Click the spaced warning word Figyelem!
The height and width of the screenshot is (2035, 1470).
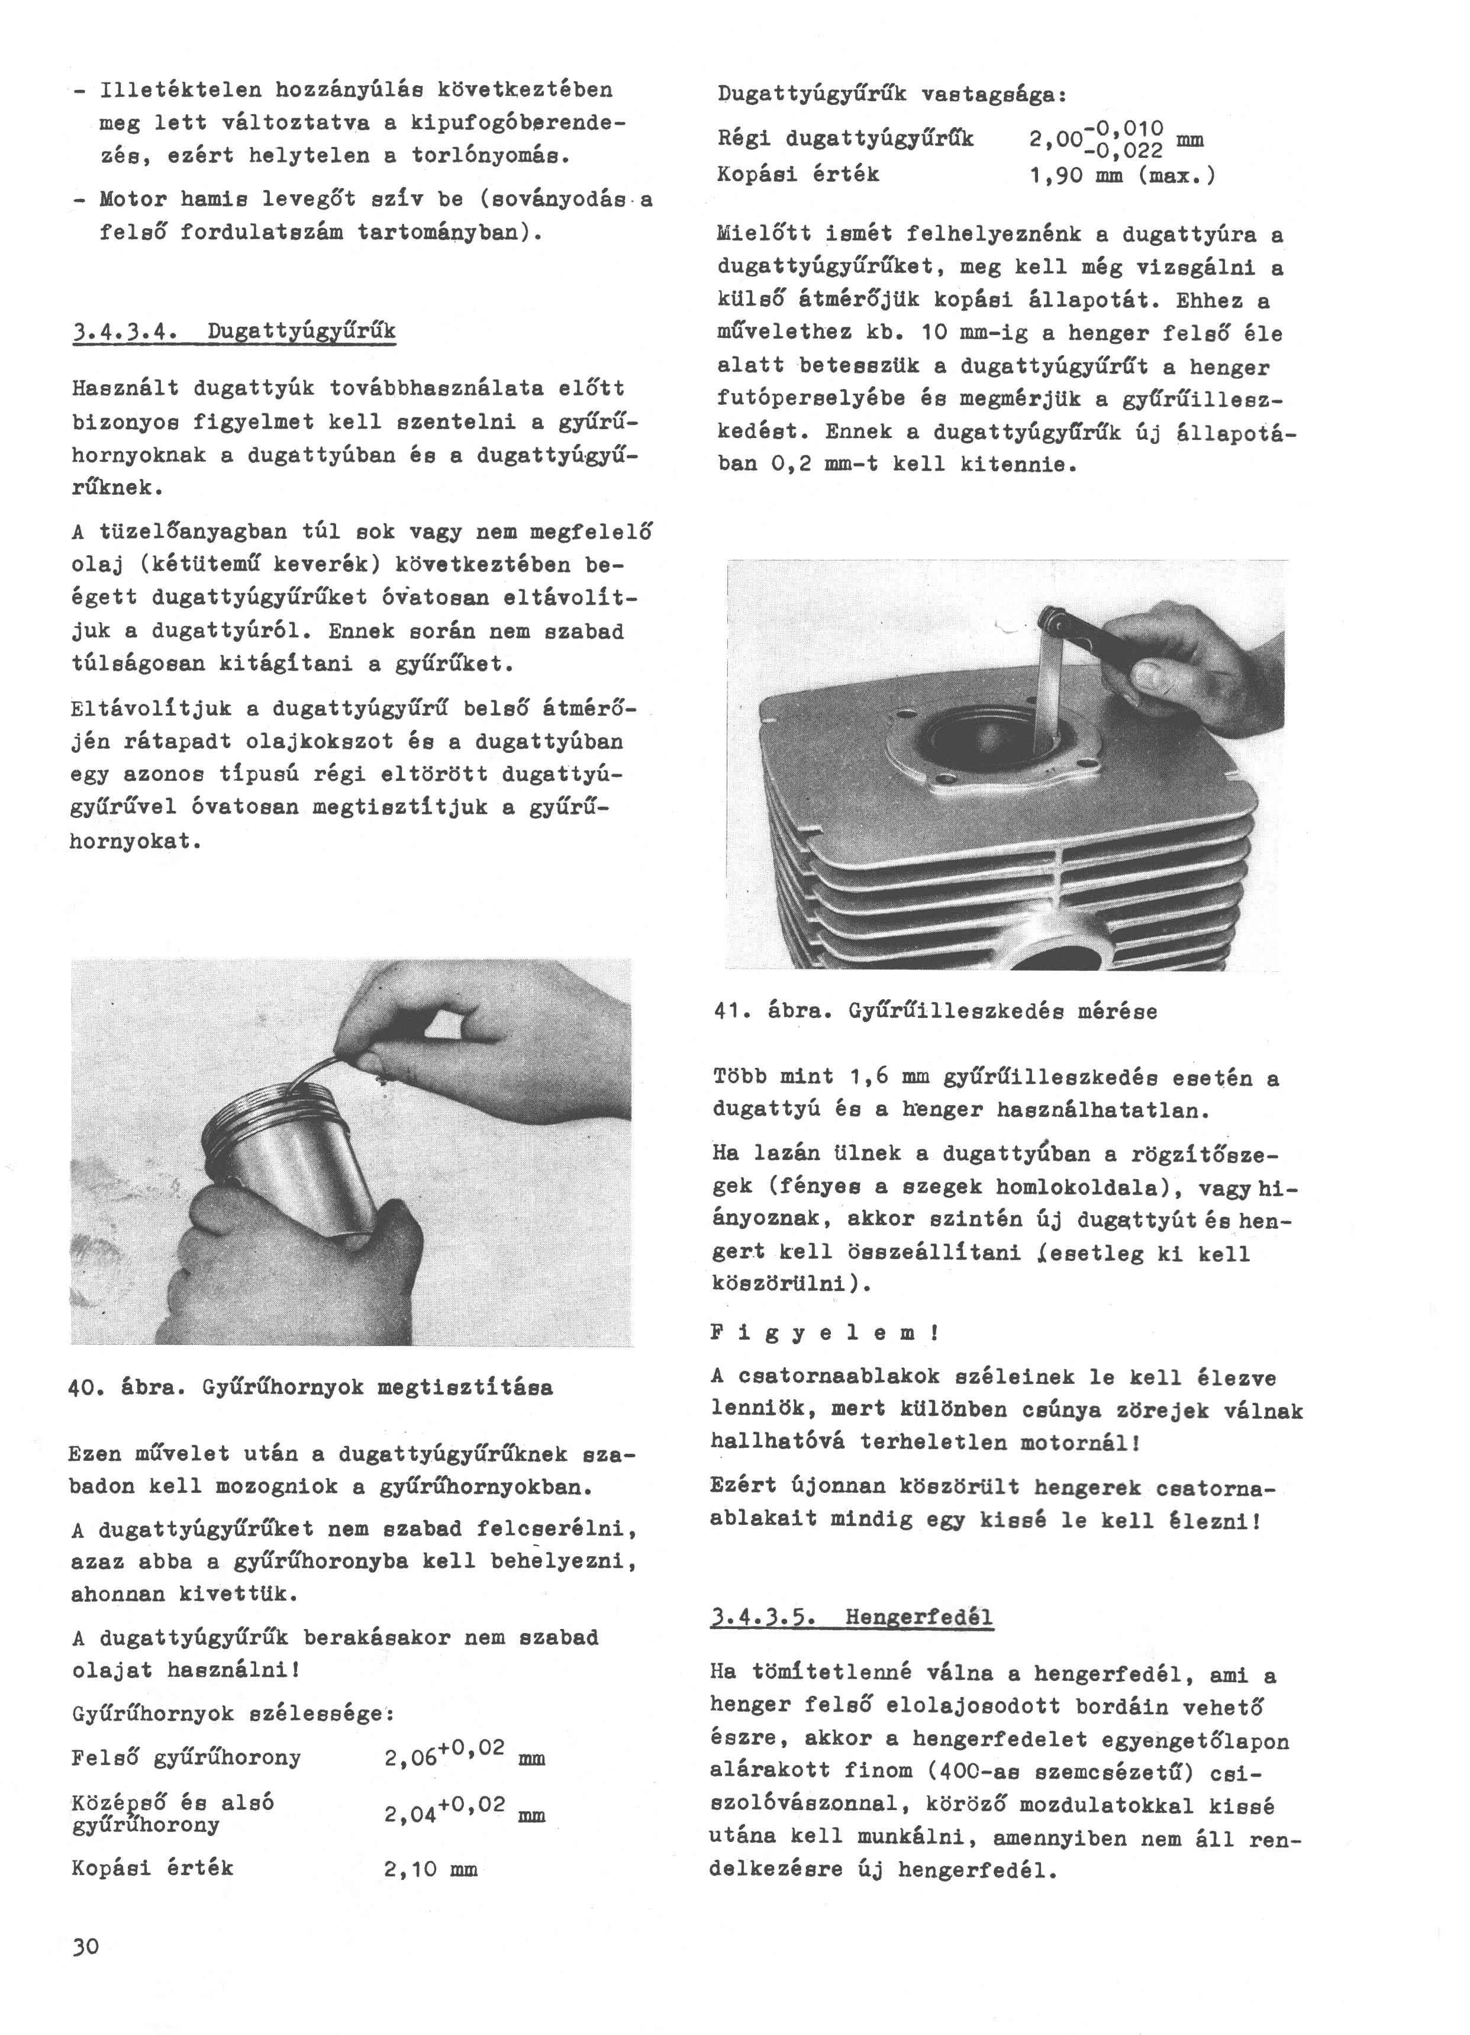point(824,1334)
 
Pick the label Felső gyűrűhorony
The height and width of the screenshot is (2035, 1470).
point(186,1758)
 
